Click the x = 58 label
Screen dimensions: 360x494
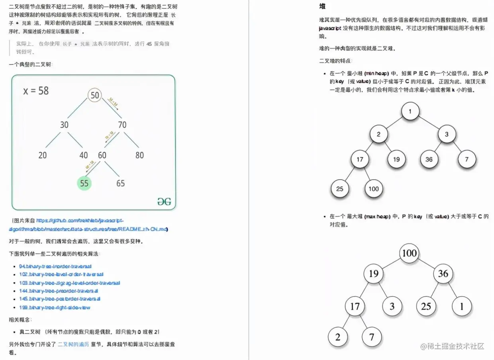[36, 91]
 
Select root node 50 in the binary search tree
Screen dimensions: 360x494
[95, 95]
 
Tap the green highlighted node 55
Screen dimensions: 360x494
[84, 183]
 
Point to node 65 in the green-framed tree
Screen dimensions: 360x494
[120, 183]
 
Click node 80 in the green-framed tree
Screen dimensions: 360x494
[139, 155]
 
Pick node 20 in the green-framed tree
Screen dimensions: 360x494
[43, 155]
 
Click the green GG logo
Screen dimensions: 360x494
[164, 202]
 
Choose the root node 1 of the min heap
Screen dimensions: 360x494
[410, 112]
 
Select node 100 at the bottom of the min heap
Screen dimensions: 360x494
[373, 189]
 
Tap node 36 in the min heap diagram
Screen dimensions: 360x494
[429, 159]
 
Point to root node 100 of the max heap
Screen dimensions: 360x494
[409, 253]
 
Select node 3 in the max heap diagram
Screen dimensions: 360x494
[392, 306]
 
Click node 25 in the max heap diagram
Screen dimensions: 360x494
[426, 306]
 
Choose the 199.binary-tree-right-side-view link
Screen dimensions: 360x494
[54, 307]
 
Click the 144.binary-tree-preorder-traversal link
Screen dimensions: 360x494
[60, 291]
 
